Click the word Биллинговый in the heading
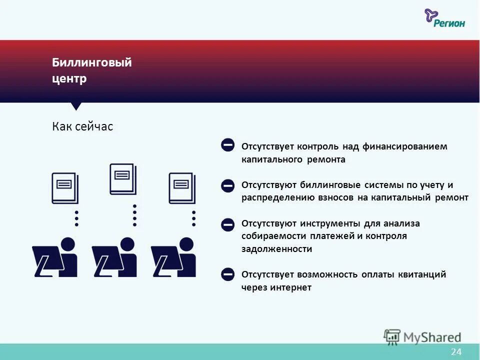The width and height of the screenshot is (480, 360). tap(92, 63)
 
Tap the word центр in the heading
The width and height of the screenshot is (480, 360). tap(69, 79)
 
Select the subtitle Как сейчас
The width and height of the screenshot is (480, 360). tap(82, 126)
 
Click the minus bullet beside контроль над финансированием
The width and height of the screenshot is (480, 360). tap(227, 145)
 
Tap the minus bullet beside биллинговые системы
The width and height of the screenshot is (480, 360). tap(227, 185)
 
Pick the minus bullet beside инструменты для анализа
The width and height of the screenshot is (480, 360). tap(227, 224)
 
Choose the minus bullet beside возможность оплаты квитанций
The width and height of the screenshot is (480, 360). tap(227, 274)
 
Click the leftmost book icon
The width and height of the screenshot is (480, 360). tap(65, 188)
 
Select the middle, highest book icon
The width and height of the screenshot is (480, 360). tap(123, 178)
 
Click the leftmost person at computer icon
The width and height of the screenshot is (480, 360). tap(55, 257)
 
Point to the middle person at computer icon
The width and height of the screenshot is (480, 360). tap(114, 257)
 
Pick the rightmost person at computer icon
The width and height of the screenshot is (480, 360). tap(174, 257)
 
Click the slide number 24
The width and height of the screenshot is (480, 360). tap(456, 352)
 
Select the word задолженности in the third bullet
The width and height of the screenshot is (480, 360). tap(276, 249)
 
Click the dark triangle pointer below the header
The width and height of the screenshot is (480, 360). tap(76, 106)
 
